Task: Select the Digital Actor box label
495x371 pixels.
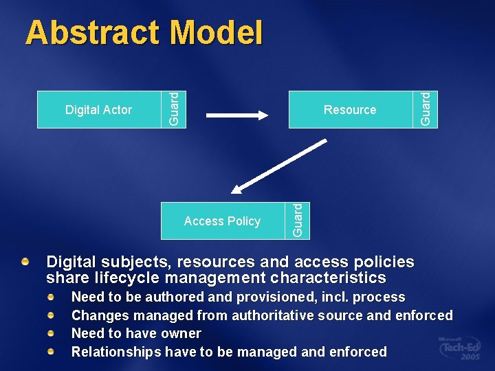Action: tap(98, 110)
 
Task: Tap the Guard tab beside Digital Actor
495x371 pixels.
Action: tap(175, 109)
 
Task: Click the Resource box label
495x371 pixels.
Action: tap(350, 110)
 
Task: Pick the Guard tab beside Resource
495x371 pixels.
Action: tap(427, 109)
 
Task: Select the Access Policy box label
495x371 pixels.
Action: tap(222, 221)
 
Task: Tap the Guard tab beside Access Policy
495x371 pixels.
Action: tap(298, 221)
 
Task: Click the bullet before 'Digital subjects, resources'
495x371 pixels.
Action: tap(25, 262)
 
